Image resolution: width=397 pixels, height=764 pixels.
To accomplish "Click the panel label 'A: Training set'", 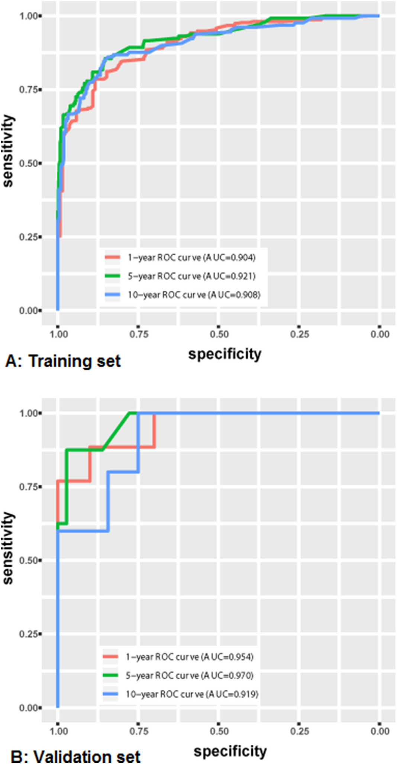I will point(63,361).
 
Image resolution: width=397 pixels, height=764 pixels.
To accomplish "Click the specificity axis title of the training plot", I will point(225,354).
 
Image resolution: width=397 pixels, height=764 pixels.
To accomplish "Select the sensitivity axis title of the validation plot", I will point(8,548).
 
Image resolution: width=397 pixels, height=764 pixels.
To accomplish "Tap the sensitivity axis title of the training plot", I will point(8,151).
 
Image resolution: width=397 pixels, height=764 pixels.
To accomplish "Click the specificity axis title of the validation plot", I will point(230,751).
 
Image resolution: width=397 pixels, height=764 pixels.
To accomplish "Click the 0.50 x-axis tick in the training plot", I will point(219,334).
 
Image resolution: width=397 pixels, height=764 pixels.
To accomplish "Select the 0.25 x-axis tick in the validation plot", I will point(299,731).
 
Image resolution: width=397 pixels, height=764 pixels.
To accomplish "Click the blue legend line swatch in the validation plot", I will point(110,694).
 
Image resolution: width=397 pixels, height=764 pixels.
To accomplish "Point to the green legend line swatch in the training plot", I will point(113,276).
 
